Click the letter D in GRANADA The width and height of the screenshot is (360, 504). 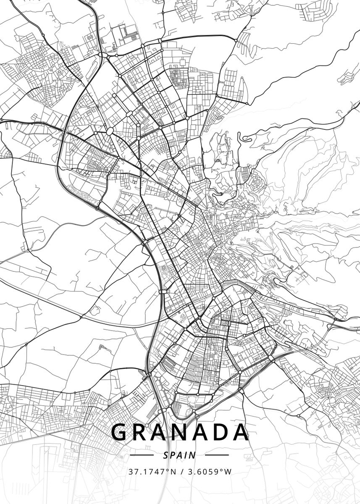[221, 432]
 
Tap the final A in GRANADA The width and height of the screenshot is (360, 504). [241, 432]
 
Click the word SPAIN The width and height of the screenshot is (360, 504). [180, 455]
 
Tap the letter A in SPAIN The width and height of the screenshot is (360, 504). [180, 455]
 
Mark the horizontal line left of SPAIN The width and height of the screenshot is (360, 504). [142, 455]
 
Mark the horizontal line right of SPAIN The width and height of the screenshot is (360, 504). [217, 455]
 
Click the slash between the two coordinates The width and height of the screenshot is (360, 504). [182, 472]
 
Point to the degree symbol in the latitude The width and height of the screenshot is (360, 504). [168, 470]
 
